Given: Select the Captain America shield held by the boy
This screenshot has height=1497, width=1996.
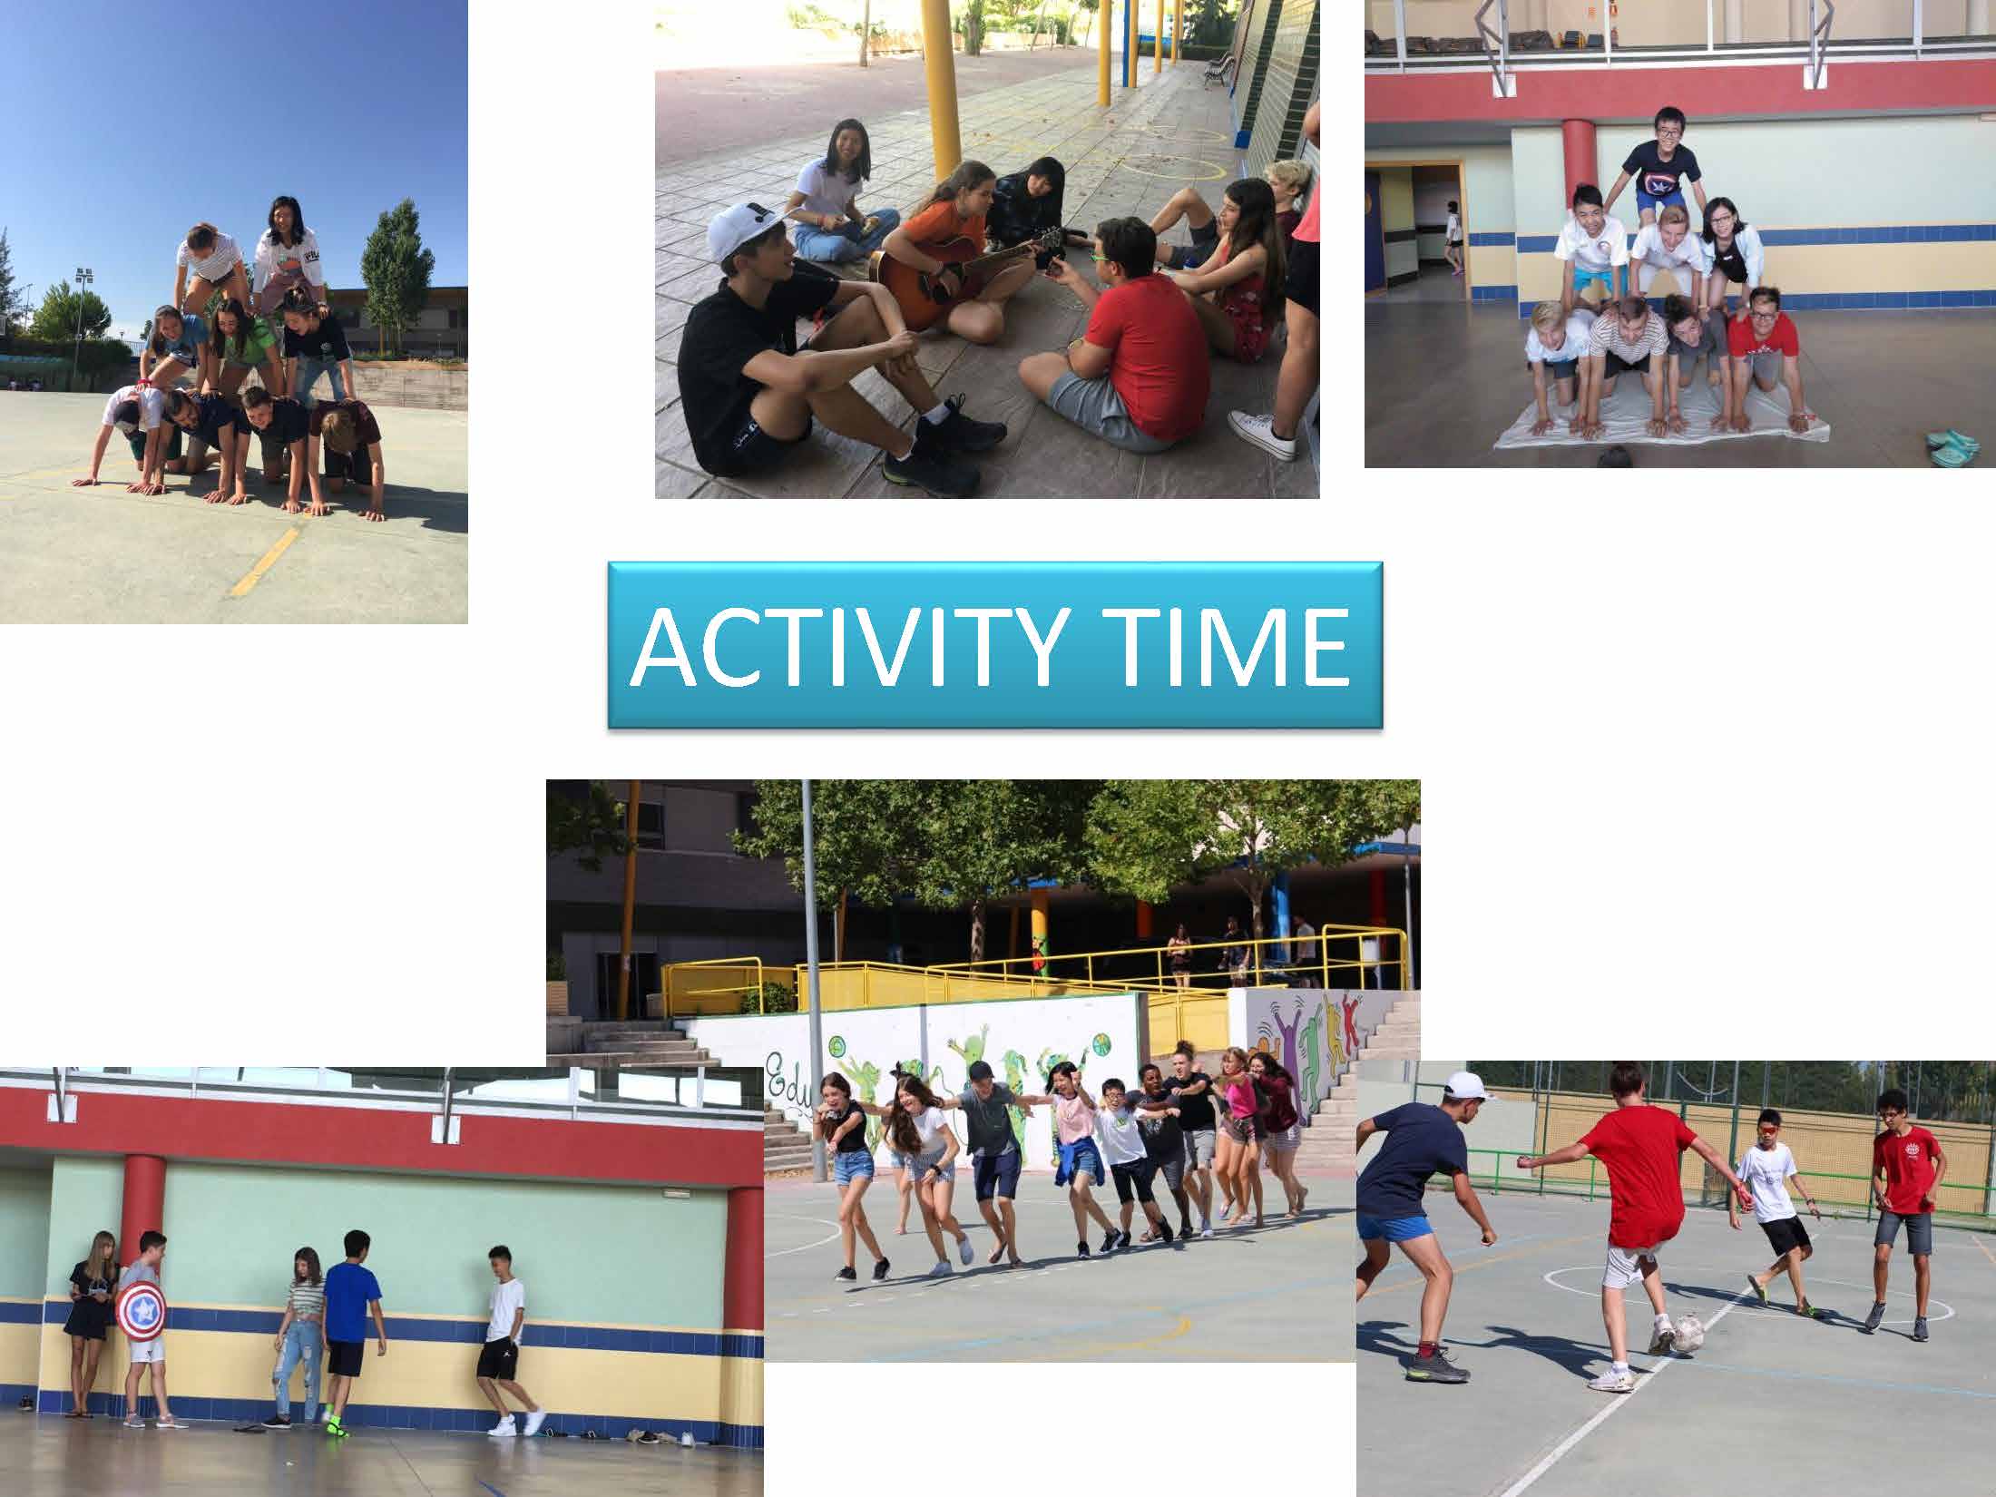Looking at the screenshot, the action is pos(140,1309).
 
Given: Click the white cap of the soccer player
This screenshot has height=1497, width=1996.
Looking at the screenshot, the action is pos(1468,1084).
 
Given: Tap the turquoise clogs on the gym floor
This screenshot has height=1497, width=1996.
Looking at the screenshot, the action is pos(1951,448).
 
